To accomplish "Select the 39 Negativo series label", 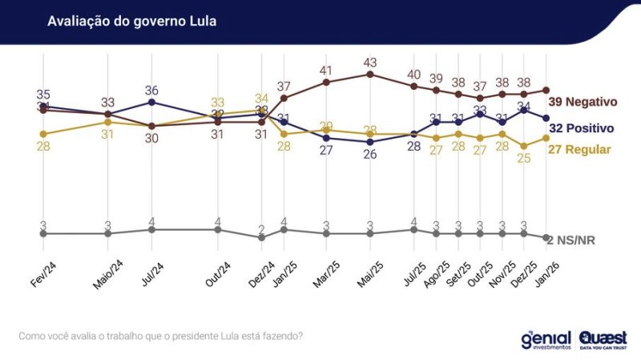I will pyautogui.click(x=583, y=102).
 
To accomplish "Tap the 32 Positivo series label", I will pyautogui.click(x=581, y=127).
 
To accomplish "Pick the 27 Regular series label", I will pyautogui.click(x=579, y=149).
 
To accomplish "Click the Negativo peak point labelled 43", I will pyautogui.click(x=370, y=74).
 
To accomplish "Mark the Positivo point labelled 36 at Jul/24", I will pyautogui.click(x=151, y=102).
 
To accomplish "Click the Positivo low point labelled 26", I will pyautogui.click(x=370, y=142).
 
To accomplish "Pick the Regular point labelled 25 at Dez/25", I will pyautogui.click(x=523, y=146).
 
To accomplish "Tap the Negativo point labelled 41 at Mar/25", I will pyautogui.click(x=326, y=82).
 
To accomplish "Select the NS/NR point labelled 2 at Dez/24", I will pyautogui.click(x=261, y=237).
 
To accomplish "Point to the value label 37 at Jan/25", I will pyautogui.click(x=284, y=86).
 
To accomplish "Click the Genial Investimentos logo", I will pyautogui.click(x=546, y=339).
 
